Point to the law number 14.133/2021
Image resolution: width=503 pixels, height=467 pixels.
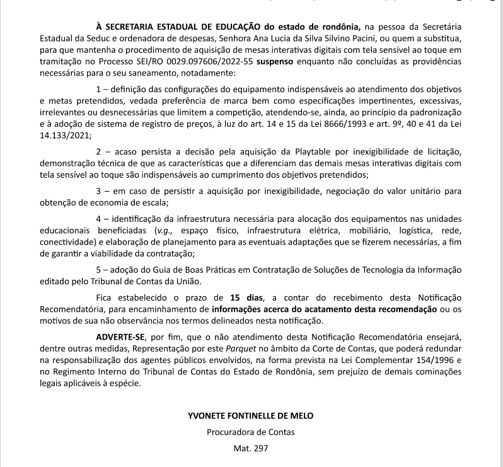pyautogui.click(x=65, y=134)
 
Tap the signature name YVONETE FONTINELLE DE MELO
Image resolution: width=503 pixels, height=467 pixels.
pyautogui.click(x=250, y=416)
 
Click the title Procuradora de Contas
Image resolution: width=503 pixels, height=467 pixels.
pyautogui.click(x=250, y=432)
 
